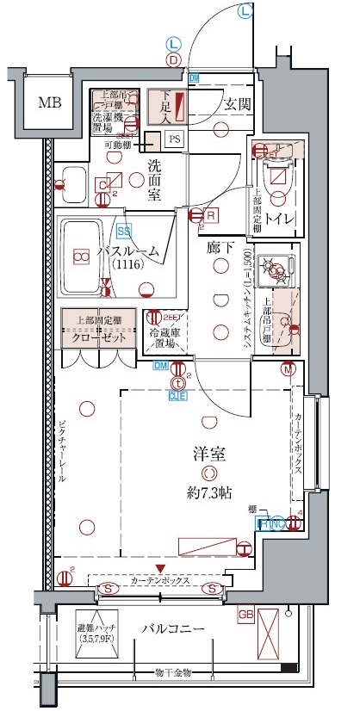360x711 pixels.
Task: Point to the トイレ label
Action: [x=281, y=219]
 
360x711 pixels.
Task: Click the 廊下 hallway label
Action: [x=220, y=248]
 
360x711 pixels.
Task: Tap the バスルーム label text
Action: [x=127, y=251]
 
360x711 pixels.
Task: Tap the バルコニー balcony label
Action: [x=173, y=629]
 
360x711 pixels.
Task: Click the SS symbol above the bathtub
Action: [x=123, y=231]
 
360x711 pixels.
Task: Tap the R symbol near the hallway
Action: [x=211, y=215]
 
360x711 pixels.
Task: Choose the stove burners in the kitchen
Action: [x=276, y=270]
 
